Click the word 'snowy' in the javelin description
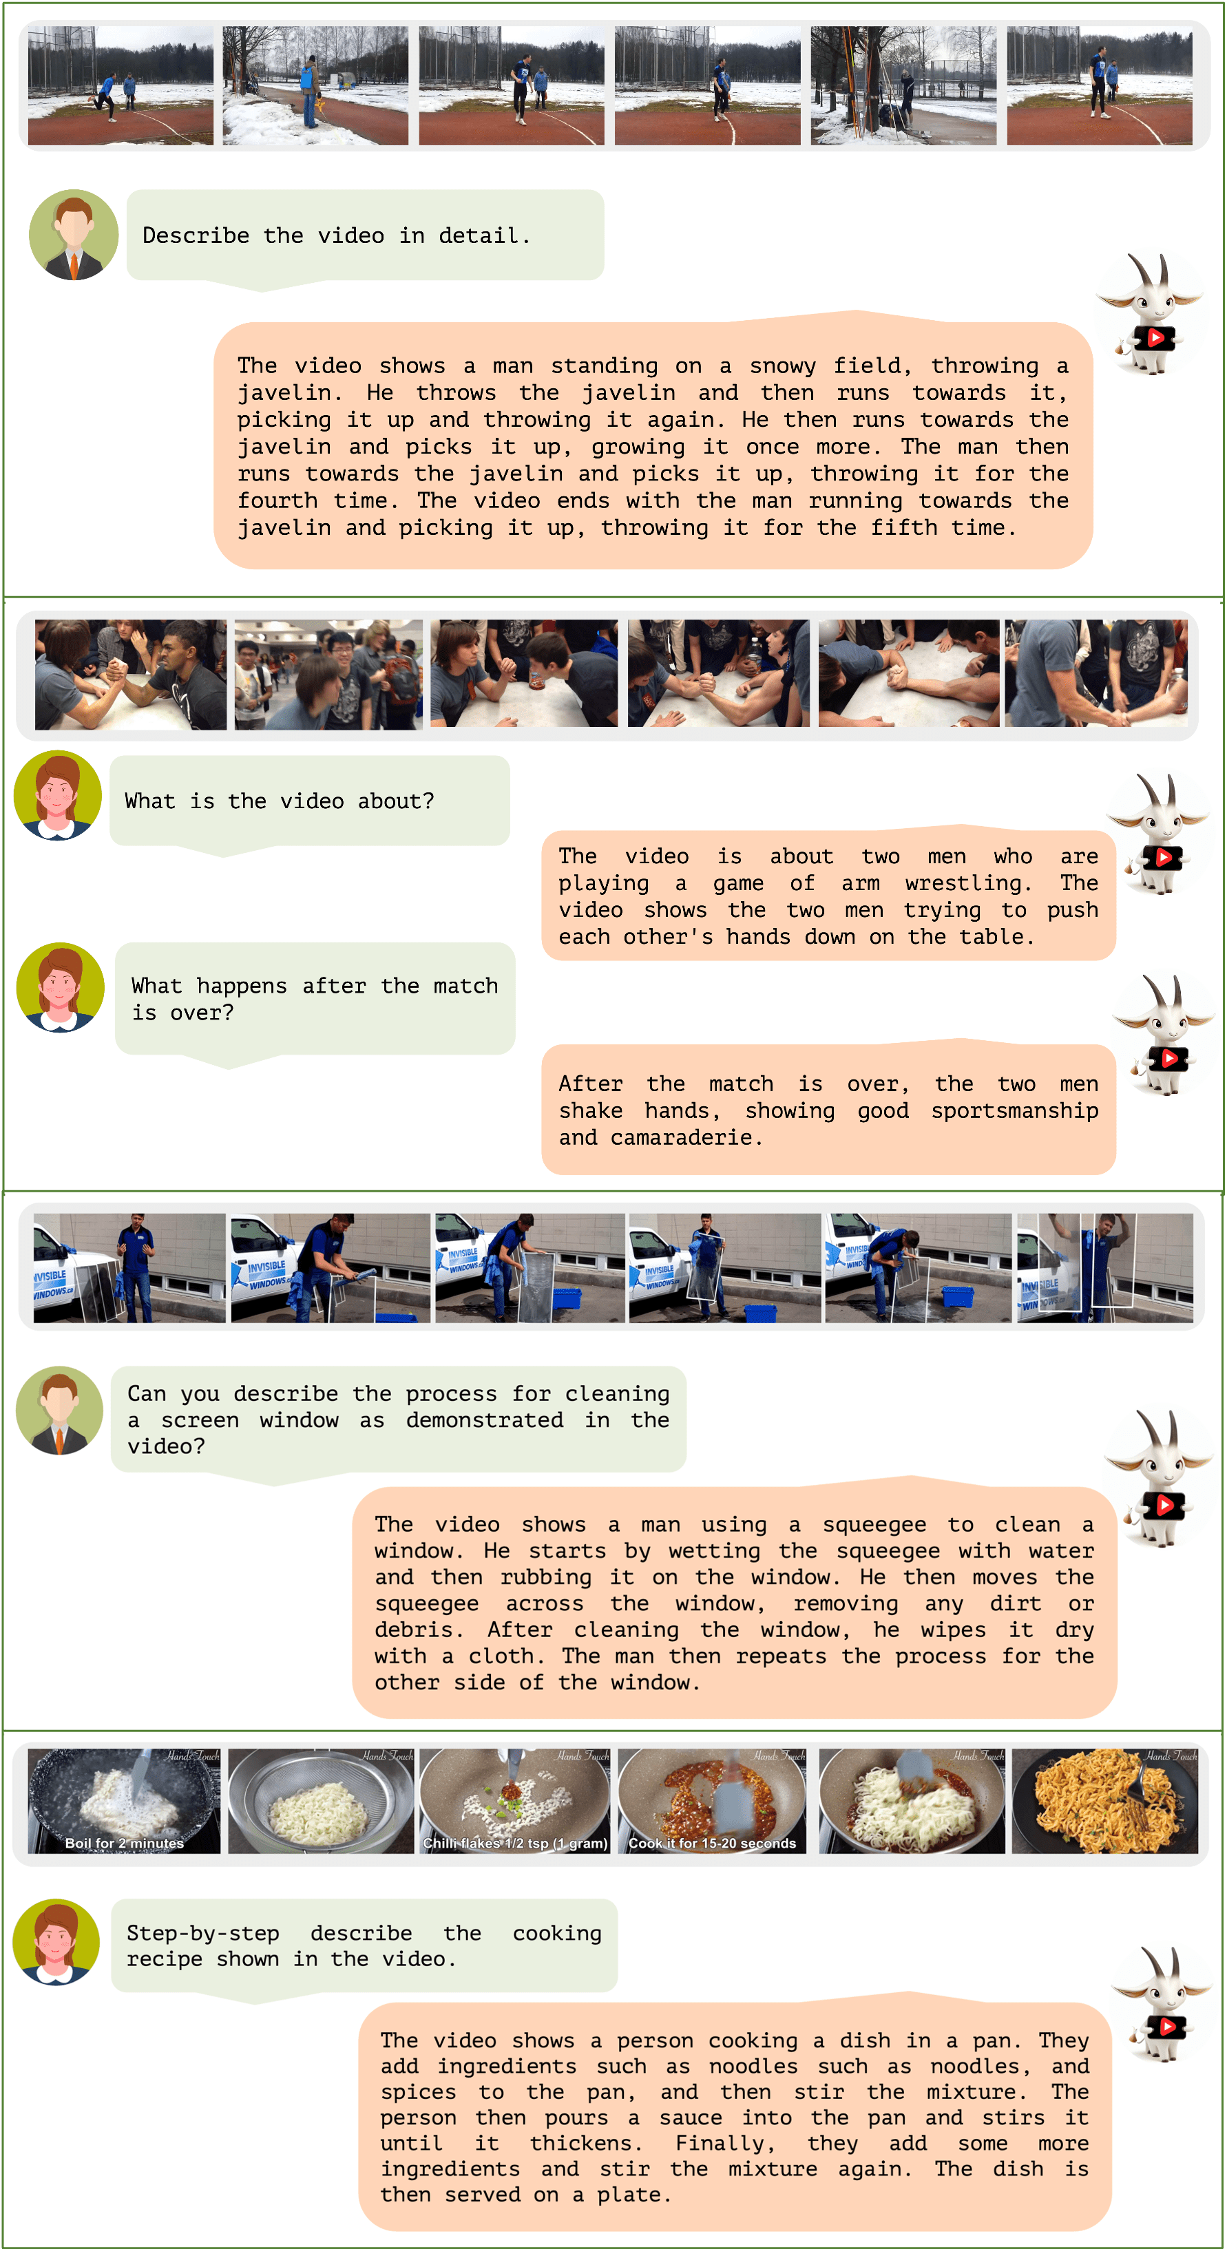(784, 366)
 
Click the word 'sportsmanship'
(1015, 1110)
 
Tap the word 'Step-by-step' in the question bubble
(202, 1934)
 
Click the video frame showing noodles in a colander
(319, 1801)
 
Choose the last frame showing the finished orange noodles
(1104, 1801)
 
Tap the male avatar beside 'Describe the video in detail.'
(74, 235)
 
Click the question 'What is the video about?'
(280, 801)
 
